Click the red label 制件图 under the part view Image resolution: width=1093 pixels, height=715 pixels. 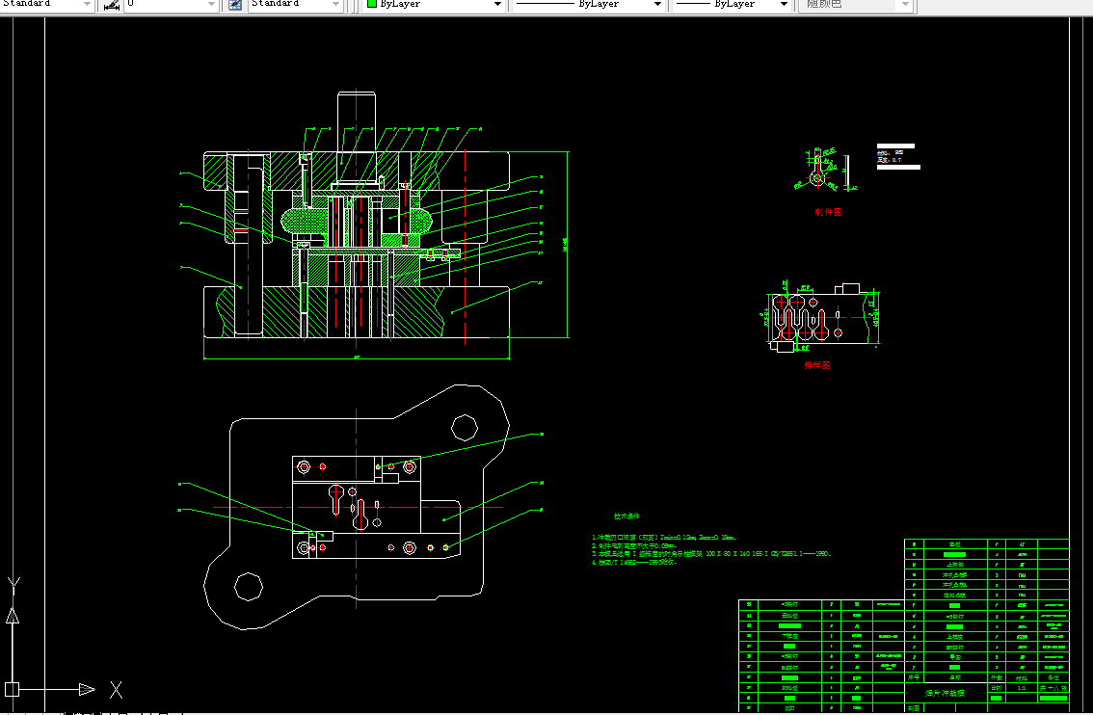(828, 212)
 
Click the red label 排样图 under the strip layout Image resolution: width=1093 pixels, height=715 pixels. (817, 365)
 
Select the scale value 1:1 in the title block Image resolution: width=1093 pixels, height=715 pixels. (1022, 689)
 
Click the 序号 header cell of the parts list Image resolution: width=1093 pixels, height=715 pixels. (914, 677)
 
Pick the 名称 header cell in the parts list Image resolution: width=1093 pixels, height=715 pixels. (955, 677)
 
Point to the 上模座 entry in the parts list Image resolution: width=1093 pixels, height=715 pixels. (955, 636)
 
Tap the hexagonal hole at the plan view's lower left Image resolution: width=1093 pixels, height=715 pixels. (249, 586)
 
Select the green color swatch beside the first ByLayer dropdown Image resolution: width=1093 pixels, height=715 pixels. (371, 5)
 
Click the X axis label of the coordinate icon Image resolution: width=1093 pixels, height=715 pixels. (116, 689)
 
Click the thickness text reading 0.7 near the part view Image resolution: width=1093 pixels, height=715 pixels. (893, 160)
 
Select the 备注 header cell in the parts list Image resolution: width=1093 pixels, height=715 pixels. (1052, 677)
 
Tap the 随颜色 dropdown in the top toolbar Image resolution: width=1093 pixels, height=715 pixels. (854, 5)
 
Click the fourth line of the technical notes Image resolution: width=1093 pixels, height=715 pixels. (636, 562)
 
